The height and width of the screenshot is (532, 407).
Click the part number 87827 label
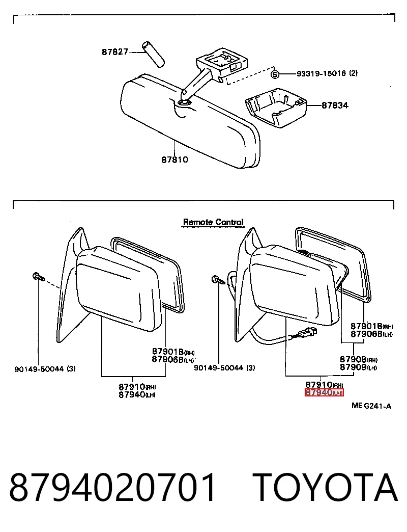tap(115, 52)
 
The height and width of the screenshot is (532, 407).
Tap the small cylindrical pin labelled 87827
tap(153, 54)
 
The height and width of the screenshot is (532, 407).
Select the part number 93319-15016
tap(321, 73)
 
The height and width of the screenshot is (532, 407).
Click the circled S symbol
tap(275, 74)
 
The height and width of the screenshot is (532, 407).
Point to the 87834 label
tap(335, 105)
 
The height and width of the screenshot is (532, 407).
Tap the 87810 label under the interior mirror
tap(175, 159)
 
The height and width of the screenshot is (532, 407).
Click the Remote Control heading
tap(213, 222)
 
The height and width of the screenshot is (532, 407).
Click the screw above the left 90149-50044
tap(38, 277)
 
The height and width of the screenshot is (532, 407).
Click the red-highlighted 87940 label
tap(324, 392)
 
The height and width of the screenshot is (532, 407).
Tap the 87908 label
tap(353, 359)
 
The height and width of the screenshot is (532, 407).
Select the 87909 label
tap(353, 367)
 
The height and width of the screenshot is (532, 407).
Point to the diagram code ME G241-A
tap(371, 406)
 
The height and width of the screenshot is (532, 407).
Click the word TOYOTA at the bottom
tap(325, 488)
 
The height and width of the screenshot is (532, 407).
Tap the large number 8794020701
tap(112, 488)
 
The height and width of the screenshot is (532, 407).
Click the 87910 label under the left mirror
tap(132, 387)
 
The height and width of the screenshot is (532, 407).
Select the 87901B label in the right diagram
tap(366, 327)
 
